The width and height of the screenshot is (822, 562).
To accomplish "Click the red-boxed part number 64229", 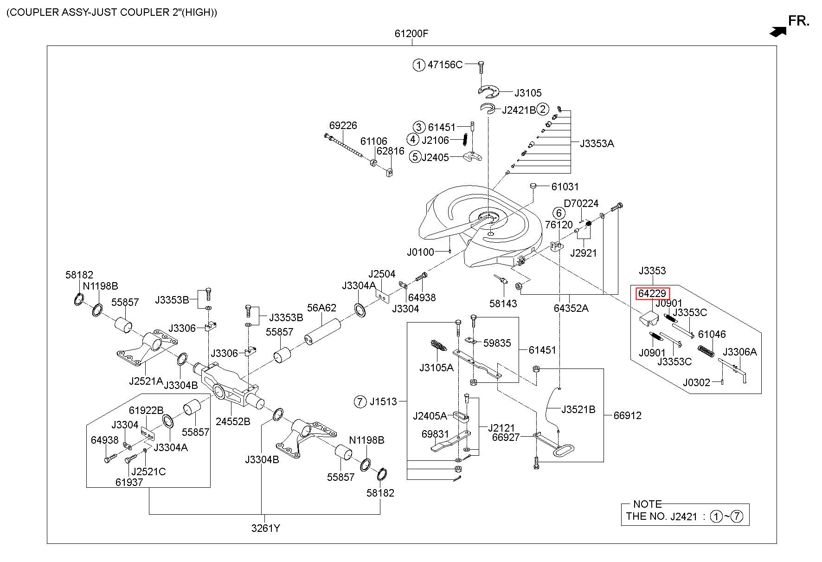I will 652,293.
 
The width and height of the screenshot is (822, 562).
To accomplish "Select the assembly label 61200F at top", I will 411,33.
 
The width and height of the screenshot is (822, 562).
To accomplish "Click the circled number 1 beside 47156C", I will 419,65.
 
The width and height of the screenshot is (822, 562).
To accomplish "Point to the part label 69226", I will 343,125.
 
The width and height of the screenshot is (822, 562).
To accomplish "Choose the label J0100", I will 421,252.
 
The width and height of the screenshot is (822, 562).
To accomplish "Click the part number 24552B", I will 233,421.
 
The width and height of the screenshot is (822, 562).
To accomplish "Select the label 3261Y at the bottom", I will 266,528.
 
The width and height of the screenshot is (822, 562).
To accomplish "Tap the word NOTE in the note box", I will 647,504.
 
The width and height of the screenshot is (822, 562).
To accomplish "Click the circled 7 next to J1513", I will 360,401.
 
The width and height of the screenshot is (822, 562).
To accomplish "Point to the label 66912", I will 627,415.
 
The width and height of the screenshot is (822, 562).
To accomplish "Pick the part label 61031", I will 565,187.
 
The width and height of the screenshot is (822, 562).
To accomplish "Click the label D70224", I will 581,203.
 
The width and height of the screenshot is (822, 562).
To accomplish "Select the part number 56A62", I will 321,308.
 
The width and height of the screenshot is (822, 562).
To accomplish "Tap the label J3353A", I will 597,143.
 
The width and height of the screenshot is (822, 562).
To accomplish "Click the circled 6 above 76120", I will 559,213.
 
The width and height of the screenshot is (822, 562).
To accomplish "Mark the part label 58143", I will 503,304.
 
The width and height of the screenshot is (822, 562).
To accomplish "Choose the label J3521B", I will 578,409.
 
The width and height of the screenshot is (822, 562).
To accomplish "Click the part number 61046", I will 712,334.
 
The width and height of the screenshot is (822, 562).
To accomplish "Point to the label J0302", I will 696,382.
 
